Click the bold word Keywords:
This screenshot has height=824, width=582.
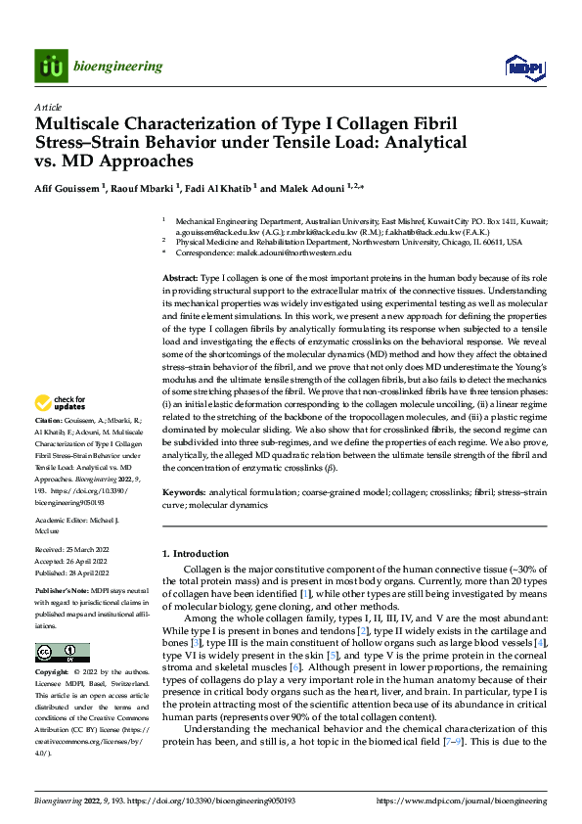click(x=185, y=493)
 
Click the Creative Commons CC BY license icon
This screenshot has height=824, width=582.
click(x=62, y=653)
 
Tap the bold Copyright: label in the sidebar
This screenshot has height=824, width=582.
click(x=53, y=673)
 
